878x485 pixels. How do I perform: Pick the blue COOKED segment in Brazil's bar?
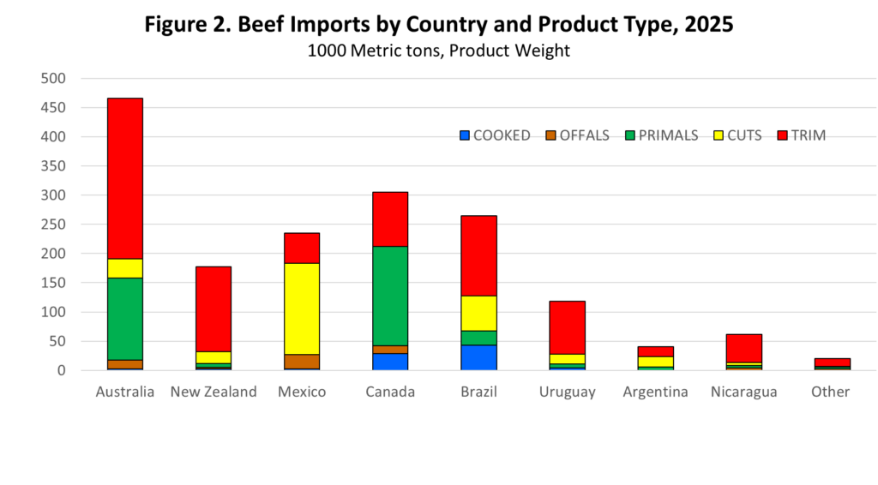[478, 357]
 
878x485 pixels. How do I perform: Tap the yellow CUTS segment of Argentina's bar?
[655, 362]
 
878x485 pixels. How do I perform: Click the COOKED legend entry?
[495, 135]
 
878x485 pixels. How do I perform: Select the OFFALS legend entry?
[579, 135]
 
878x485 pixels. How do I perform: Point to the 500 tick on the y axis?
[53, 79]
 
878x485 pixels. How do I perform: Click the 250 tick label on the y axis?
[53, 225]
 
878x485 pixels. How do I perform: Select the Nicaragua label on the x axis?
[743, 392]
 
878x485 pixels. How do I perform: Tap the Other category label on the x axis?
[831, 392]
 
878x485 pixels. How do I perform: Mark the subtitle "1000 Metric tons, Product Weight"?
[439, 51]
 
